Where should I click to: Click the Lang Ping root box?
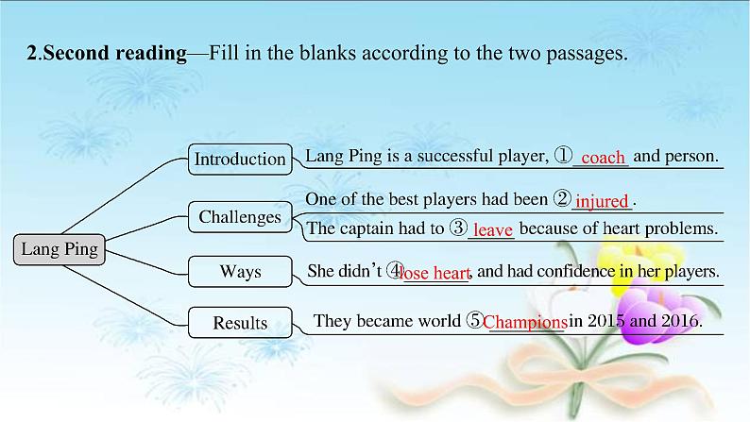[x=60, y=250]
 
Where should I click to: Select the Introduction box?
[x=240, y=159]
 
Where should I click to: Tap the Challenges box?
[x=240, y=217]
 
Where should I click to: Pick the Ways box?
[x=240, y=272]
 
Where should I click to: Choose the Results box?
[x=240, y=323]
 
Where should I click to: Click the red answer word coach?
[x=603, y=158]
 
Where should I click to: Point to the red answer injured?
[x=602, y=201]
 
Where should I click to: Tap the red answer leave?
[x=492, y=229]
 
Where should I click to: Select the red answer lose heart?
[x=435, y=274]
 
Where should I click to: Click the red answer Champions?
[x=525, y=323]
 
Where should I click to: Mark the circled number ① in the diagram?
[x=562, y=156]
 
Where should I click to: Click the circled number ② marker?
[x=562, y=199]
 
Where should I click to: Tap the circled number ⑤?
[x=475, y=321]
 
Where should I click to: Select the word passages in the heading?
[x=588, y=54]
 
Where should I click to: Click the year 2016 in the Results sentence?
[x=678, y=321]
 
